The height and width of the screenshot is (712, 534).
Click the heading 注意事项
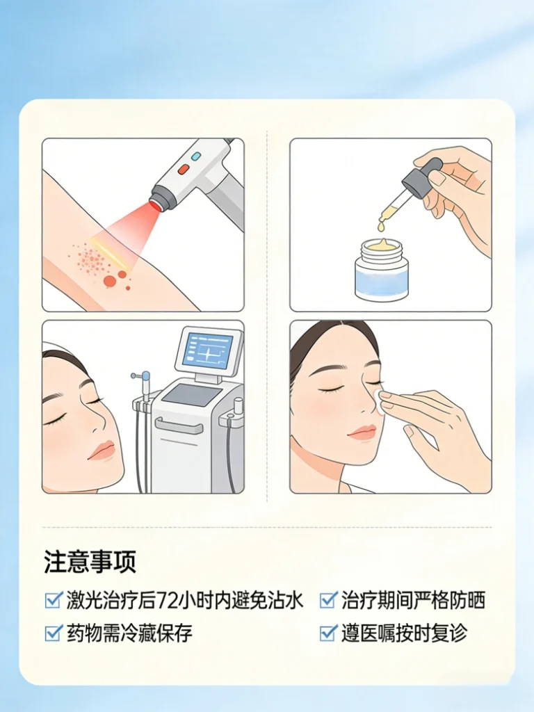point(90,562)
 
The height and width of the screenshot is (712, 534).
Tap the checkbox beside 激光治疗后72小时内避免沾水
point(54,599)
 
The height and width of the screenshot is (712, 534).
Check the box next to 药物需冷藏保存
point(54,633)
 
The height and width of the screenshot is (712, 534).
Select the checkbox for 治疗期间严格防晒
point(328,599)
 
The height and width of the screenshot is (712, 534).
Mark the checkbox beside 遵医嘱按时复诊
point(328,633)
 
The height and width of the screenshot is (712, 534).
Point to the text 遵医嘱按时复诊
point(404,633)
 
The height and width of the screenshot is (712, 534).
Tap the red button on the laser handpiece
point(184,170)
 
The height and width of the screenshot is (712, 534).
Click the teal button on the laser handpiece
point(196,156)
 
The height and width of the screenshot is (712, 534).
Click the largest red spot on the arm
point(110,282)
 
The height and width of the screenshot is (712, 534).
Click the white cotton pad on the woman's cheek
point(378,401)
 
